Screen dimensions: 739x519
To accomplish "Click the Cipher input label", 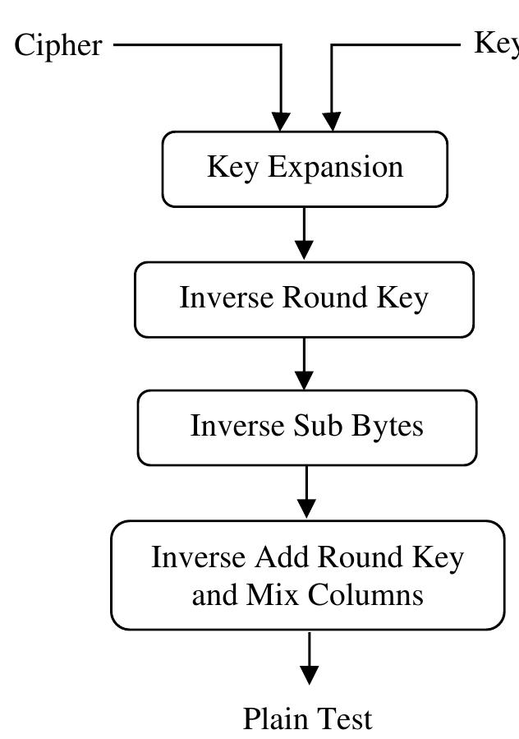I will pyautogui.click(x=58, y=44).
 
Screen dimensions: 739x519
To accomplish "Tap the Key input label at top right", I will pyautogui.click(x=496, y=42).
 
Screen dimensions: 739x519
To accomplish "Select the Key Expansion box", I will pyautogui.click(x=305, y=169).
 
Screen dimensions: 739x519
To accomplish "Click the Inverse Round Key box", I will pyautogui.click(x=304, y=299).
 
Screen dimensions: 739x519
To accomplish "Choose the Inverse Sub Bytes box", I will pyautogui.click(x=306, y=427).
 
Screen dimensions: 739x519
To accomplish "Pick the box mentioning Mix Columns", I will pyautogui.click(x=307, y=575).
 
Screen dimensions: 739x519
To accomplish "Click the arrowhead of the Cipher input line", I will pyautogui.click(x=282, y=121).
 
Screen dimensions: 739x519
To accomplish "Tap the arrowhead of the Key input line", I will pyautogui.click(x=332, y=121).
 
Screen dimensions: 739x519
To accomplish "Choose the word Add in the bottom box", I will pyautogui.click(x=281, y=557).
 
